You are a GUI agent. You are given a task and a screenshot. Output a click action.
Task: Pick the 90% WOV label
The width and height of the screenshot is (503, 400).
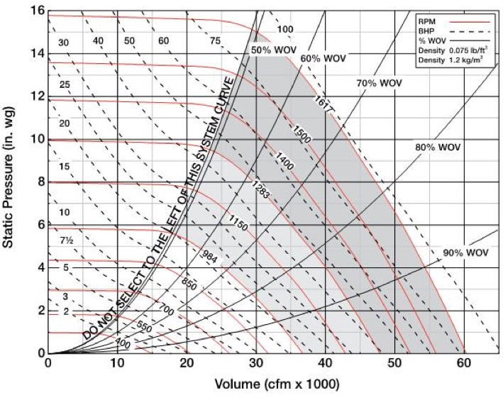[x=466, y=252]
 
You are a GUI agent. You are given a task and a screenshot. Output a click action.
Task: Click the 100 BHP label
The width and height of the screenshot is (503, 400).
[x=284, y=29]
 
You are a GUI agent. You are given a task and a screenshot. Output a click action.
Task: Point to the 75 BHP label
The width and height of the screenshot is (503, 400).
[x=215, y=41]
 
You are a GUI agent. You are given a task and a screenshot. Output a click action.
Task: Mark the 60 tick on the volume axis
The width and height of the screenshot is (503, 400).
[x=465, y=362]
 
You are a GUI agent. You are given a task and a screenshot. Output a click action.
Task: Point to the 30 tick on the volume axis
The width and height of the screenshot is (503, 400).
[x=256, y=362]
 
